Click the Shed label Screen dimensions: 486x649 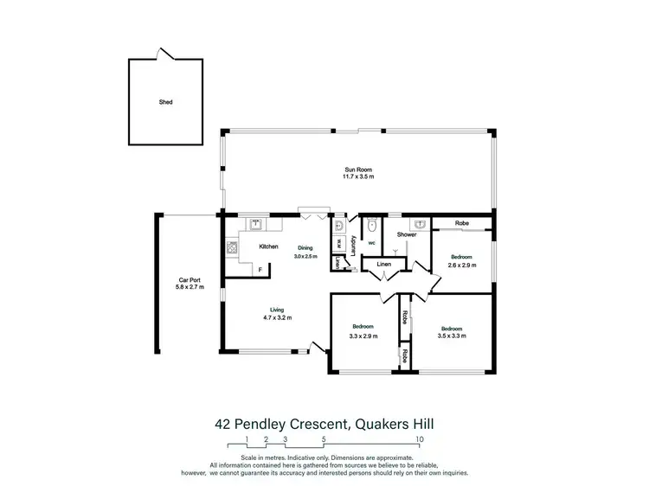[x=165, y=102]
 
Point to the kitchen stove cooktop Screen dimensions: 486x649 [x=233, y=248]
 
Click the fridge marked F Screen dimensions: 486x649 [x=259, y=270]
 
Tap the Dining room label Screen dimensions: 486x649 [x=306, y=247]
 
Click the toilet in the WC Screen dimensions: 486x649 [x=371, y=227]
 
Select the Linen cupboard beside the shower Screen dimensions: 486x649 [x=384, y=263]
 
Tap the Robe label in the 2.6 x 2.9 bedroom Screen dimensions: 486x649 [x=462, y=223]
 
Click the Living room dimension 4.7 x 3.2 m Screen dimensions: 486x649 [x=277, y=317]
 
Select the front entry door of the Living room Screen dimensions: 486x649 [x=321, y=348]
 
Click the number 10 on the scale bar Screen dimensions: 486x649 [x=420, y=438]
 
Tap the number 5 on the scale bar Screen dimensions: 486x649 [x=323, y=438]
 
